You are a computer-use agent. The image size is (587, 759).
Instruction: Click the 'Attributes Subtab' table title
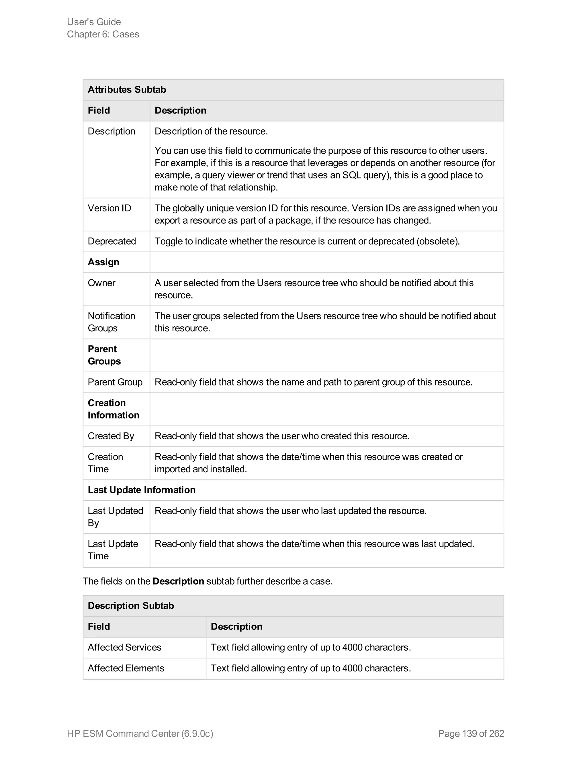(x=127, y=90)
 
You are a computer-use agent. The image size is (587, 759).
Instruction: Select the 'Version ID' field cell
(x=109, y=208)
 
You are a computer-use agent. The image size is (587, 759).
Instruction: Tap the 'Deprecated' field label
(x=111, y=241)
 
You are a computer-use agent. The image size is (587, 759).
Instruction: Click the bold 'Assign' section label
(x=103, y=262)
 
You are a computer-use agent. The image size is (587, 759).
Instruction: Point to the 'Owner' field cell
(x=101, y=283)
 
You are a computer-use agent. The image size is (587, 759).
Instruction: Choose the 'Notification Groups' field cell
(x=111, y=322)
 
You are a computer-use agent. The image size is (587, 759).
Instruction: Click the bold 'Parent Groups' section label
(x=104, y=355)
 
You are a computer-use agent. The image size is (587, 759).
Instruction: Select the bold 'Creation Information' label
(x=114, y=409)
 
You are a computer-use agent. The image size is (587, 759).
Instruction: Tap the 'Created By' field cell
(x=111, y=436)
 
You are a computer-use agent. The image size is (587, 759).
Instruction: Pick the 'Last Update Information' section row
(x=142, y=490)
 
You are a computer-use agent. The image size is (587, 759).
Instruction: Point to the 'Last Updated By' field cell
(x=115, y=516)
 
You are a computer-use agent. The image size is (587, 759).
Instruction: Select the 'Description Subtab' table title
(x=131, y=605)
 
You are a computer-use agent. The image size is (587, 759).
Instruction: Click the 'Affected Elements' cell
(x=126, y=668)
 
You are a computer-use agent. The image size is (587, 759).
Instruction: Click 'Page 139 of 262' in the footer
(x=471, y=733)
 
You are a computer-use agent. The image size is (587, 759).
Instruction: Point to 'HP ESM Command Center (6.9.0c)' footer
(x=140, y=733)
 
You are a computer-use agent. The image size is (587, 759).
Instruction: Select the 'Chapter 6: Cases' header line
(x=103, y=34)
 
